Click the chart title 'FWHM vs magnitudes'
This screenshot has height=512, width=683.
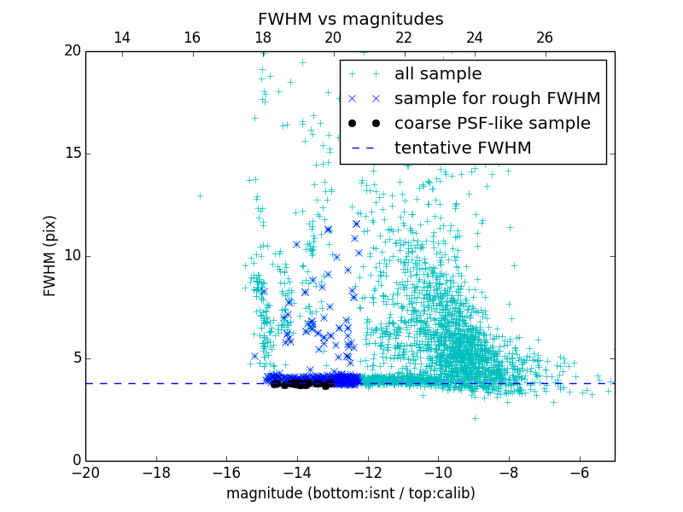350,19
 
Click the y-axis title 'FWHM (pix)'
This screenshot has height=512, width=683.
50,256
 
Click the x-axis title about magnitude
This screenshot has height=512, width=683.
350,493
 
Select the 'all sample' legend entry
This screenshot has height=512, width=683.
438,74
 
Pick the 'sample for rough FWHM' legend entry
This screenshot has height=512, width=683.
497,99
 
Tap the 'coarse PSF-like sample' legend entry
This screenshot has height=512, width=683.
492,124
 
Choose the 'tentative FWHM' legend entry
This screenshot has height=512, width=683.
463,148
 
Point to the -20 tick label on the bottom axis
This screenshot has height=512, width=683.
85,472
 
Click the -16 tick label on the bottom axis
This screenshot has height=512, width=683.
226,472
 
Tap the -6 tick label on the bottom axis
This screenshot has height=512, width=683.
579,472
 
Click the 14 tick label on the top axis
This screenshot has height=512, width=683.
121,38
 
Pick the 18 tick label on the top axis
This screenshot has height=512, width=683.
262,38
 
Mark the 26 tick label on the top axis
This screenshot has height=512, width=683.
545,38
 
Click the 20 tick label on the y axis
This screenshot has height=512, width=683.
72,51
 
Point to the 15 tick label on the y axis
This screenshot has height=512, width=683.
72,154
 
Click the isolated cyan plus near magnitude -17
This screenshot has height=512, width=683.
200,195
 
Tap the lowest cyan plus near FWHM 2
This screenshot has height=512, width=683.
475,418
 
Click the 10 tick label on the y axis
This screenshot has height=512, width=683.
72,256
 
